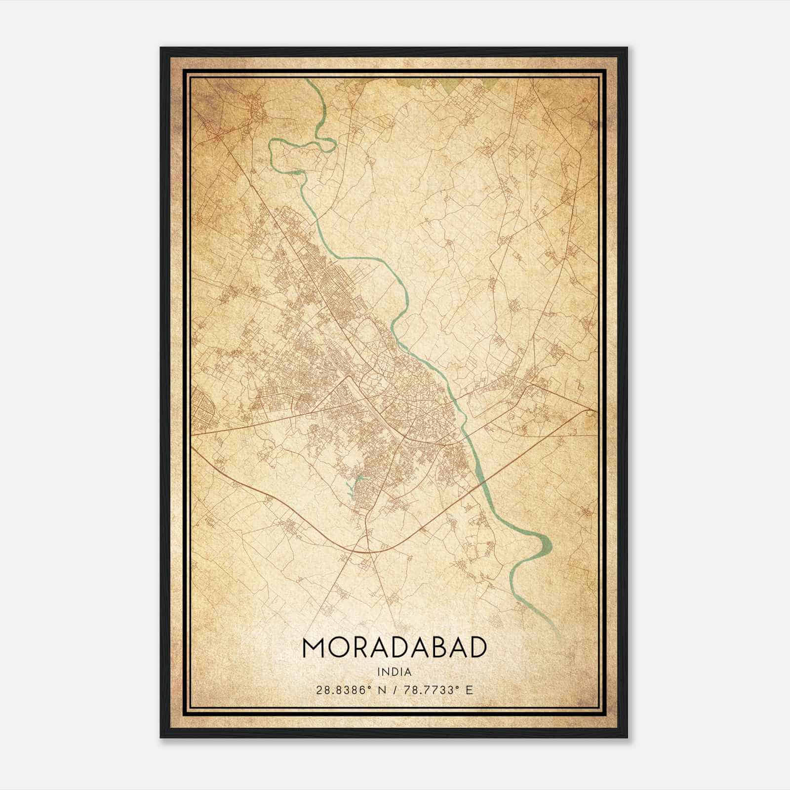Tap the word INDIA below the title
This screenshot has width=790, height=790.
[394, 671]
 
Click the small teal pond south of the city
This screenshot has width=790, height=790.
[357, 479]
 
